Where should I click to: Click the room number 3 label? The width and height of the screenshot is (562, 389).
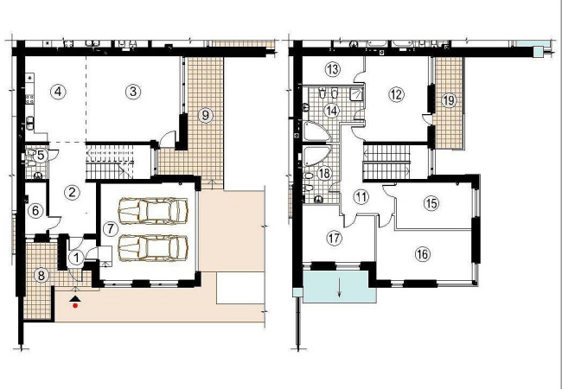pos(133,92)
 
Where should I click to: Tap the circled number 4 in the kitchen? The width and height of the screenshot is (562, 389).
pos(58,92)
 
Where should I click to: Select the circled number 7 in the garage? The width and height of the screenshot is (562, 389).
pos(110,229)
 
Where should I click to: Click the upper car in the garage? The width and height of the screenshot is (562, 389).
pos(153,211)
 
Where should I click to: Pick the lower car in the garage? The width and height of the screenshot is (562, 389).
pos(153,248)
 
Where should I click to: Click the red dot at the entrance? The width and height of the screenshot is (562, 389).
pos(75,305)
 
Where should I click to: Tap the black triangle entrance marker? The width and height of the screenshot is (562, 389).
pos(74,299)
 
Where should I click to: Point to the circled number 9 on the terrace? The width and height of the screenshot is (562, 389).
pos(205,116)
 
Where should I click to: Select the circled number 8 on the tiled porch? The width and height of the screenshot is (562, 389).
pos(42,276)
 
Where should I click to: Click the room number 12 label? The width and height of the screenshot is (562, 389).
pos(396,94)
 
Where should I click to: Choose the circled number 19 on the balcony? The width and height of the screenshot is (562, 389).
pos(449,100)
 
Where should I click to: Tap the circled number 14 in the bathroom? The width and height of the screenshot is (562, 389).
pos(332,111)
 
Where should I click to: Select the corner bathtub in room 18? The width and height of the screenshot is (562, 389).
pos(316,156)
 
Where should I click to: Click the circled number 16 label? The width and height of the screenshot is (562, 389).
pos(423,254)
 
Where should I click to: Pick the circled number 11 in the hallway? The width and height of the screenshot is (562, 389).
pos(361,197)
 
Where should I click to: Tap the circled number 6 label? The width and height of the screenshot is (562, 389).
pos(35,211)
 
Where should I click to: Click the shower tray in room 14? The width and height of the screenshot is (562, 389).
pos(357,94)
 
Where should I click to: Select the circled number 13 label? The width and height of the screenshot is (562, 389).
pos(333,69)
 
